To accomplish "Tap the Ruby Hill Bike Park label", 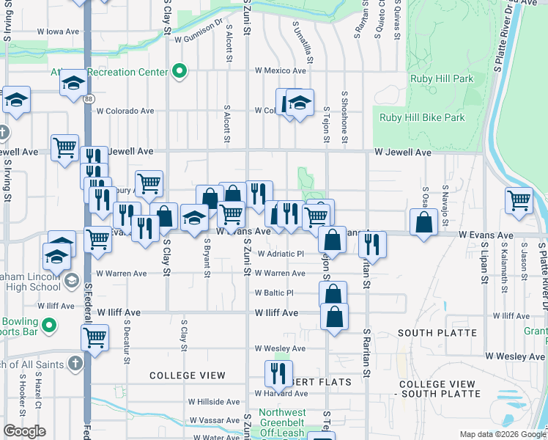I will pyautogui.click(x=422, y=117).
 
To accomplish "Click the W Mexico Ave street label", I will pyautogui.click(x=280, y=71).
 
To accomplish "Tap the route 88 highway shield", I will pyautogui.click(x=88, y=99).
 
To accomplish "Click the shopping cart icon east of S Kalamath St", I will pyautogui.click(x=519, y=199).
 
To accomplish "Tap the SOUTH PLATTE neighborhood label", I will pyautogui.click(x=437, y=333).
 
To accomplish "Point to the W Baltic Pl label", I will pyautogui.click(x=274, y=293).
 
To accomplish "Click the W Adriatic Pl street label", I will pyautogui.click(x=280, y=254).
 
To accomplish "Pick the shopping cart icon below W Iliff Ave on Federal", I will pyautogui.click(x=95, y=338).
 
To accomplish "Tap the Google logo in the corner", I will pyautogui.click(x=24, y=431).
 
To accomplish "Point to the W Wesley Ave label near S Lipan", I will pyautogui.click(x=515, y=356).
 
